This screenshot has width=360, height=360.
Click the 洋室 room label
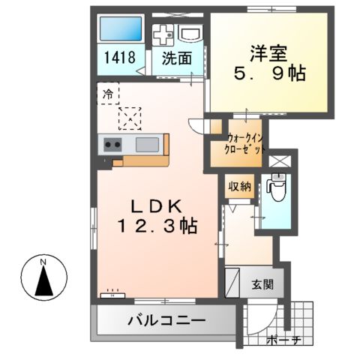click(x=268, y=53)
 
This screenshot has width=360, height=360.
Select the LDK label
click(x=156, y=204)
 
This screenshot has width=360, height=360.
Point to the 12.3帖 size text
click(x=156, y=225)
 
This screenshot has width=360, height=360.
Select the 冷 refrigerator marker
click(x=107, y=94)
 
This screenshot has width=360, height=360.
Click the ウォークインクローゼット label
click(x=244, y=143)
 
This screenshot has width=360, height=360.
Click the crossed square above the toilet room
click(x=278, y=161)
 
